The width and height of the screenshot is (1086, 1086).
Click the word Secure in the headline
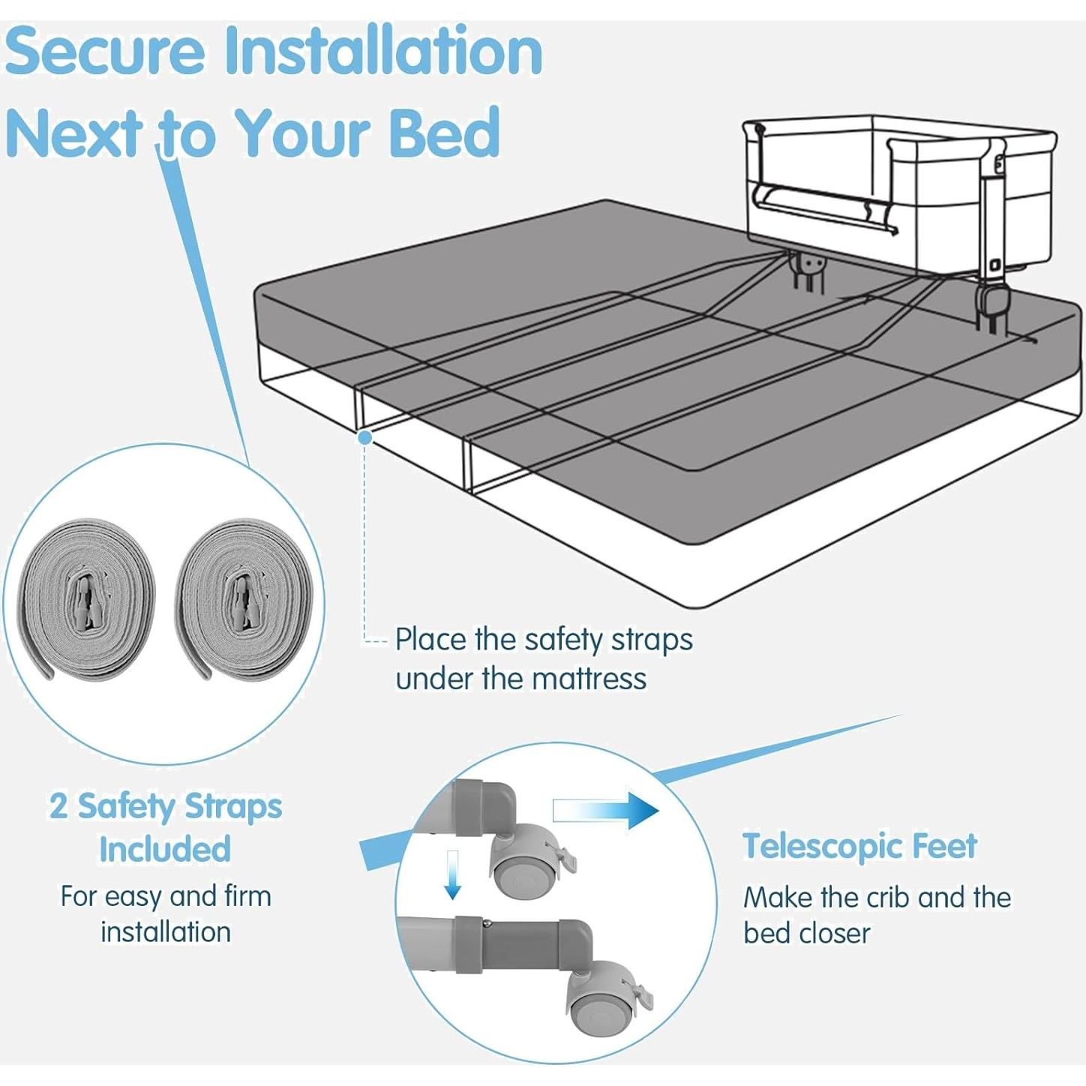[x=105, y=51]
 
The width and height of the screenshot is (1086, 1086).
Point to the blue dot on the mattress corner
[x=365, y=437]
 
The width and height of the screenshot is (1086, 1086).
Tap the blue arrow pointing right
[x=606, y=811]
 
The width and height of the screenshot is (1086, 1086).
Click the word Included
[x=165, y=850]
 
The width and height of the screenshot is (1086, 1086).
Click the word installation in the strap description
[x=166, y=932]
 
